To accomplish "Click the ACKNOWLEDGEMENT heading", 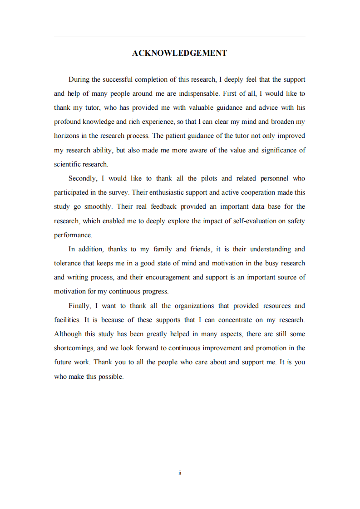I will [x=179, y=54].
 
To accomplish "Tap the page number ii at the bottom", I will [x=180, y=473].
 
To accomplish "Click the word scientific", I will [x=68, y=164].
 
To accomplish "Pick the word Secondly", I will [x=82, y=178].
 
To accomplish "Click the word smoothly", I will [x=98, y=206].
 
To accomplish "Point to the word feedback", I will [x=163, y=206].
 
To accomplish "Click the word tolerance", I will [x=68, y=263].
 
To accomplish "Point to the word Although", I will [x=68, y=334].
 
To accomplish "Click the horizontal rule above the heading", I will [x=179, y=36].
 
